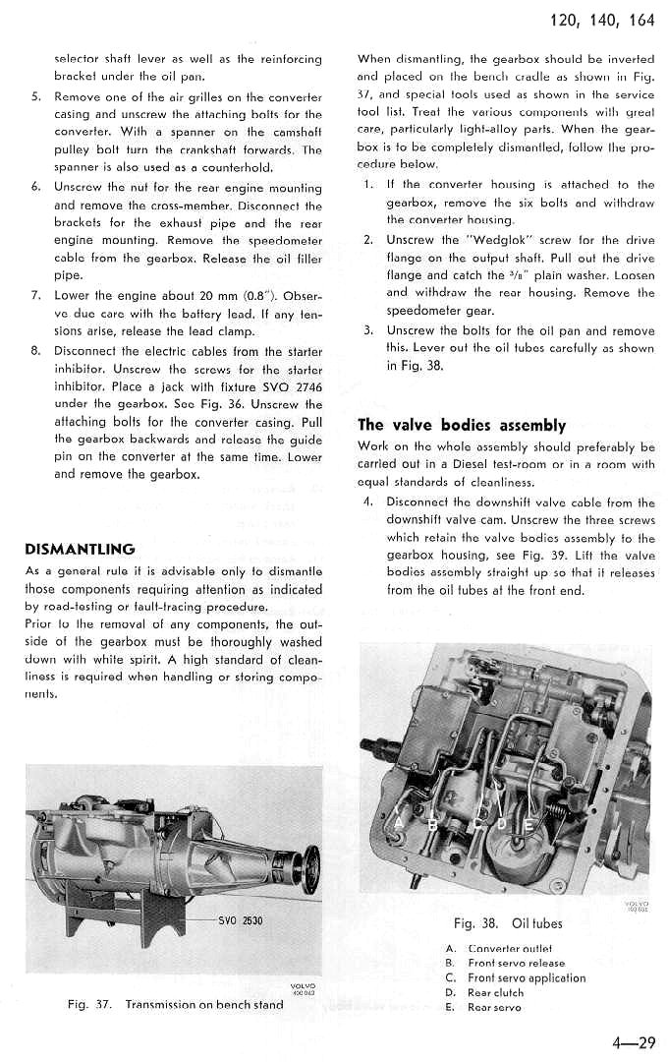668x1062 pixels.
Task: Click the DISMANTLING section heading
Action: pos(81,549)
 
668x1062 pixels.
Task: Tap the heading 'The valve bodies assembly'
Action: pos(462,425)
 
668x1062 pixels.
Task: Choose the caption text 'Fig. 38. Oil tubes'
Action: pos(508,923)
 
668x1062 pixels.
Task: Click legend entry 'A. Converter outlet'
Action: pos(497,948)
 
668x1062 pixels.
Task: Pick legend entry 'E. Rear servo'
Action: pos(481,1008)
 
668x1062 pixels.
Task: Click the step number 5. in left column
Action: pos(35,97)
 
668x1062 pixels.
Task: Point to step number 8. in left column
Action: pos(35,351)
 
